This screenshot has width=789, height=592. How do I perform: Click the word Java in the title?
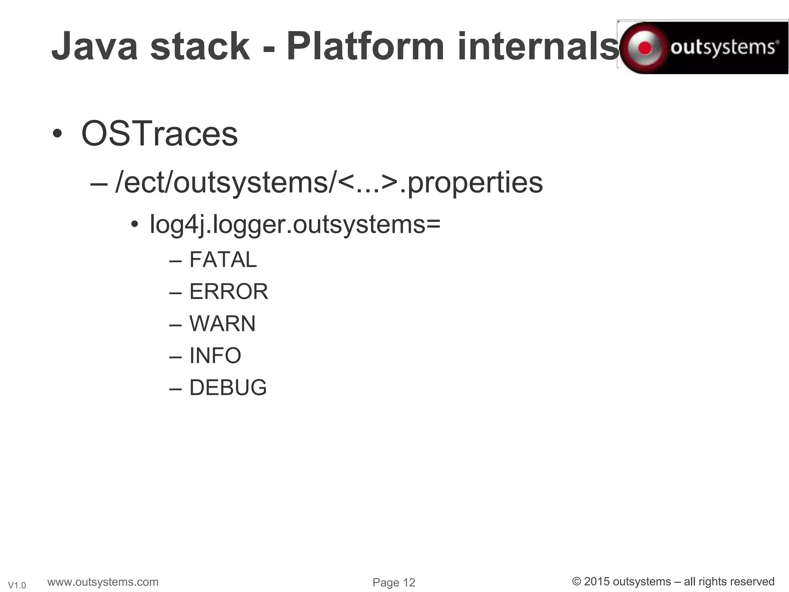click(x=95, y=47)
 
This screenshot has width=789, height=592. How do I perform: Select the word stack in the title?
click(x=200, y=47)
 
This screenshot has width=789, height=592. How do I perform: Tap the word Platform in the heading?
click(x=365, y=47)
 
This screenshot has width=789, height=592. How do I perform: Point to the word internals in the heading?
click(x=538, y=47)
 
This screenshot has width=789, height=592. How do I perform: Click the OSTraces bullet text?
click(x=159, y=134)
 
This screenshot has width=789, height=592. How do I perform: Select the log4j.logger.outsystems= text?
click(x=295, y=224)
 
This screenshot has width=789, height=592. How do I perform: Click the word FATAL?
click(x=223, y=259)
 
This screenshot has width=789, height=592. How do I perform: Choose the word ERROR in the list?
click(x=228, y=291)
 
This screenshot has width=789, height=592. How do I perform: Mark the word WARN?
click(x=222, y=323)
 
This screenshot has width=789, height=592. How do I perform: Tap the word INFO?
click(x=215, y=355)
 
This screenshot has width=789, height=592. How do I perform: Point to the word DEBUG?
click(x=228, y=387)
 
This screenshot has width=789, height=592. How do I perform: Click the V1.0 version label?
click(x=17, y=585)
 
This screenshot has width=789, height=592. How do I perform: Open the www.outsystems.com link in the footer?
click(x=103, y=582)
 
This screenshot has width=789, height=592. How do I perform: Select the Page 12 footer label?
click(x=394, y=583)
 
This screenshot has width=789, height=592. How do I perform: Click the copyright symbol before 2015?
click(x=577, y=582)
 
